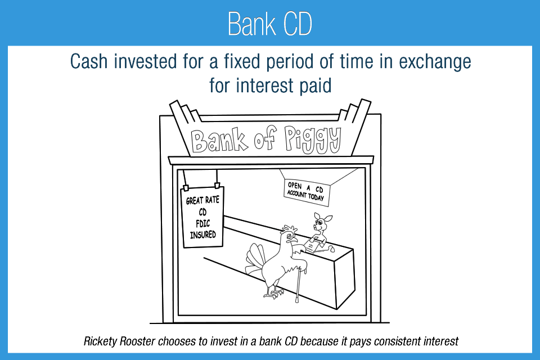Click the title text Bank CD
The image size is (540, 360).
click(x=269, y=24)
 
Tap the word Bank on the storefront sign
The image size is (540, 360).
click(x=219, y=140)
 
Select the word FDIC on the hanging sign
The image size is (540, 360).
click(x=203, y=223)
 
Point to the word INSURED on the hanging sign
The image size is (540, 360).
click(x=203, y=235)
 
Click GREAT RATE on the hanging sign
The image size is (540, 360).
click(x=202, y=200)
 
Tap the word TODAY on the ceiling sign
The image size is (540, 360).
click(x=316, y=197)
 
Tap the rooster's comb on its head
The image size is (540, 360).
click(x=290, y=228)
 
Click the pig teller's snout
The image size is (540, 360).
click(x=315, y=227)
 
